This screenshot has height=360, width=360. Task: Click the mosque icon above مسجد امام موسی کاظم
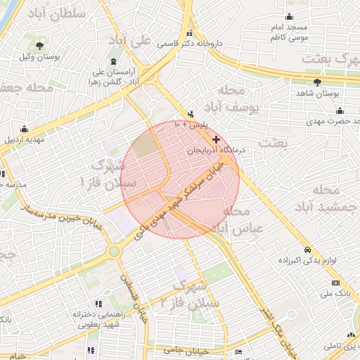tap(289, 17)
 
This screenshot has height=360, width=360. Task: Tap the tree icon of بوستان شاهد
tap(316, 82)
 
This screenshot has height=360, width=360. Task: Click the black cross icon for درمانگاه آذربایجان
tap(216, 140)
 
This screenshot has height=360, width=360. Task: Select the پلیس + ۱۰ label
tap(191, 124)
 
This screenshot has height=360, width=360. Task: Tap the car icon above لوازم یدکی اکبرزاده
tap(307, 250)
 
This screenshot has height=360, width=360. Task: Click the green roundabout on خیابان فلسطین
tap(113, 250)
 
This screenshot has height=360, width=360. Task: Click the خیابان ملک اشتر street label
tap(275, 324)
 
